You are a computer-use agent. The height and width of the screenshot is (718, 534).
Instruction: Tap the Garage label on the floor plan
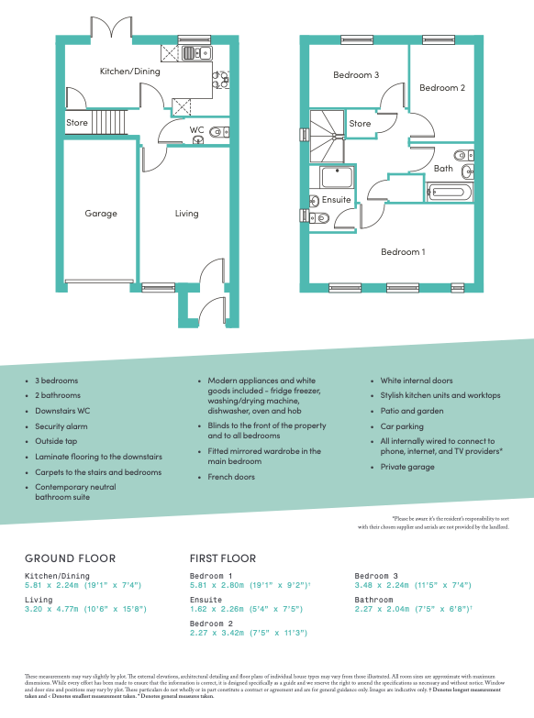101,214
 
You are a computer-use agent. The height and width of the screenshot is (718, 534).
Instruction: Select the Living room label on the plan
186,214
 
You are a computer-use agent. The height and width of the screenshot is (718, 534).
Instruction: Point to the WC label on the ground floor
196,130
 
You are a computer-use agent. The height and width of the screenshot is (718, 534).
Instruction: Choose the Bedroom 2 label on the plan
442,88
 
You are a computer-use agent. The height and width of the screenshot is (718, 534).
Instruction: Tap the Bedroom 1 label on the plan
404,252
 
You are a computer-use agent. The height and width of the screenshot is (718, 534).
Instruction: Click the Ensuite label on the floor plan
336,200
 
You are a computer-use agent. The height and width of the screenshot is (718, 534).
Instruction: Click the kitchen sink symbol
195,53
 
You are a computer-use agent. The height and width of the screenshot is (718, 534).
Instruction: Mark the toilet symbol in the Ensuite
315,218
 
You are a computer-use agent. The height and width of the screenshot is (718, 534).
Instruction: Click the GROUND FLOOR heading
70,558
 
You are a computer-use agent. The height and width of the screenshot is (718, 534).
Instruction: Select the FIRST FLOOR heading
222,558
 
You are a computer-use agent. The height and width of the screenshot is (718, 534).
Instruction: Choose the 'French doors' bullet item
231,477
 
